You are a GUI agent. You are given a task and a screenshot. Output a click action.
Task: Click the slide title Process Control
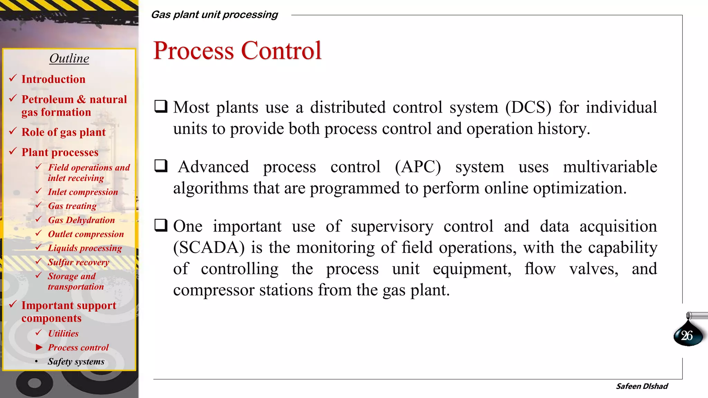[x=237, y=51]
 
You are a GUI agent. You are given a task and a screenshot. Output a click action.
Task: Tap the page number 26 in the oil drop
[x=687, y=335]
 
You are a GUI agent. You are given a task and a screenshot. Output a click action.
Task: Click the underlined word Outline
[x=69, y=58]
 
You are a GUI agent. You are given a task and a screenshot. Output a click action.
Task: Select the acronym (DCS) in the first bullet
[x=528, y=107]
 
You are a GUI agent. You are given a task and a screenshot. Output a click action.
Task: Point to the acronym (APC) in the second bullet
[x=418, y=167]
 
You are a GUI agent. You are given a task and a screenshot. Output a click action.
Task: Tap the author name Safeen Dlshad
[x=642, y=386]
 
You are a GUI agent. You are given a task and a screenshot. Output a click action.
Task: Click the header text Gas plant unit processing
[x=214, y=15]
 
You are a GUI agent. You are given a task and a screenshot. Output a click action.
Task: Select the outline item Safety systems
[x=76, y=361]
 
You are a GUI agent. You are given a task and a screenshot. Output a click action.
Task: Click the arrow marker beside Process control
[x=39, y=347]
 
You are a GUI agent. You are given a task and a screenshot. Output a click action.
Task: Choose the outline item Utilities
[x=63, y=333]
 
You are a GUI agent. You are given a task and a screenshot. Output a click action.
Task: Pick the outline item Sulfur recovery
[x=78, y=262]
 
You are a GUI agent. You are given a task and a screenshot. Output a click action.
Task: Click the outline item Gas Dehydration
[x=81, y=220]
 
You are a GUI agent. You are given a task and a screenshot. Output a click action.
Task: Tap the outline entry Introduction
[x=53, y=79]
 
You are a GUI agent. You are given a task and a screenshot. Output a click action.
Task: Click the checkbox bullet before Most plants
[x=161, y=106]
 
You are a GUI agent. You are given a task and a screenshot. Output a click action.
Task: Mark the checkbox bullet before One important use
[x=161, y=225]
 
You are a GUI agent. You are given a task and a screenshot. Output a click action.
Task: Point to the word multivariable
[x=610, y=167]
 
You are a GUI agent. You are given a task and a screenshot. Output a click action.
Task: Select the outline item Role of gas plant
[x=64, y=132]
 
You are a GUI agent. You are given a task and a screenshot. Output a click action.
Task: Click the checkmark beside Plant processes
[x=13, y=151]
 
